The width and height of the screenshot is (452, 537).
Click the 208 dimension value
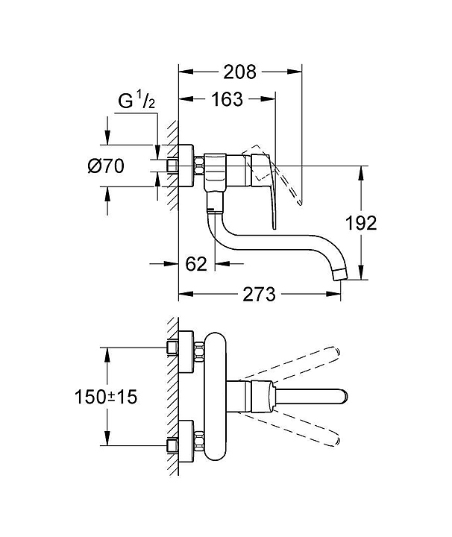[x=240, y=72]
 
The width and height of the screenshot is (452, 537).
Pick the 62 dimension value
[x=195, y=263]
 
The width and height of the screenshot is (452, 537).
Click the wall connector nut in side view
[x=199, y=166]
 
